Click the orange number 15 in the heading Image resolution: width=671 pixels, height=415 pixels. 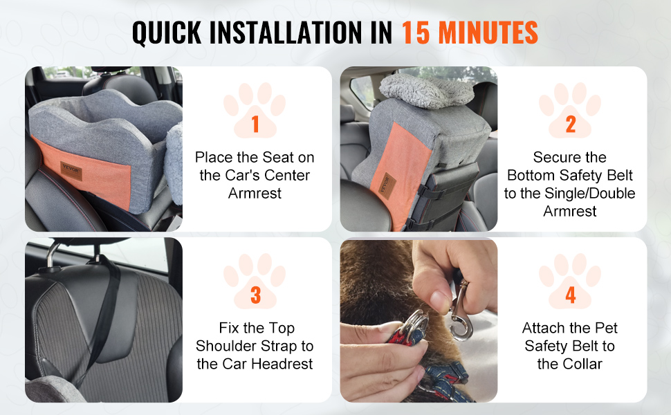point(416,33)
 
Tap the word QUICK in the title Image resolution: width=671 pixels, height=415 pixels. point(167,33)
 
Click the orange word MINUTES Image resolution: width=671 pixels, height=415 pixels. point(488,33)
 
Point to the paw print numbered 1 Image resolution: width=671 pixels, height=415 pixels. point(255,110)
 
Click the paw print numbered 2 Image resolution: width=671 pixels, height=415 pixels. point(570,110)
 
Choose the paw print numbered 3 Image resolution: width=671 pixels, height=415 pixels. point(255,281)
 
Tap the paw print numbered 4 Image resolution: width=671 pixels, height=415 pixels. point(570,281)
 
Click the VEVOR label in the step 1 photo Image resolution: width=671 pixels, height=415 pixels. point(71,171)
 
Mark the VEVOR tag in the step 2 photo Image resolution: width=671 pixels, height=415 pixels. point(387,185)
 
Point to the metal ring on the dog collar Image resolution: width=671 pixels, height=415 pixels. point(414,326)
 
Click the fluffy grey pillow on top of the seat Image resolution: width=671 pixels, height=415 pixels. point(427,91)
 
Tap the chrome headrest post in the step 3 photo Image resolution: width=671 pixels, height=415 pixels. point(52,255)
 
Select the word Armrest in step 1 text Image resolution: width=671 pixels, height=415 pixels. point(255,194)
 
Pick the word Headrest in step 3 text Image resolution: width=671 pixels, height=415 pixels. point(282,364)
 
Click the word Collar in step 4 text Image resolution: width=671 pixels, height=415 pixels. point(582,364)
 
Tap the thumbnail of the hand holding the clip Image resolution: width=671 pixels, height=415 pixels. point(419,320)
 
